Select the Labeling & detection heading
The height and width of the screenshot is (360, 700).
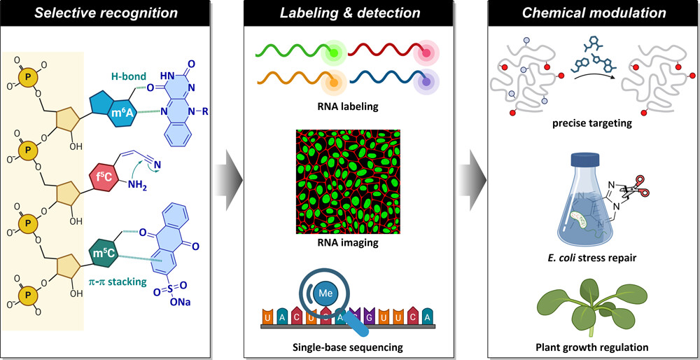(351, 13)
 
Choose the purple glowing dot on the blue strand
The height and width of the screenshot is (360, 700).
(425, 81)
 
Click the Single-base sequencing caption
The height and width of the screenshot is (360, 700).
(348, 347)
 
